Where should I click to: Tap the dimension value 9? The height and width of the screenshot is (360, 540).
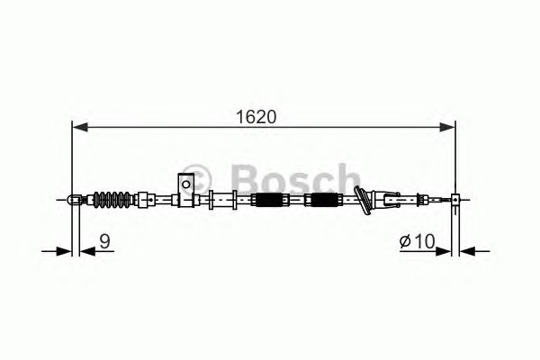pos(105,240)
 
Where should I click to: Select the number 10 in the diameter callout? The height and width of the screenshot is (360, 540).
pos(426,240)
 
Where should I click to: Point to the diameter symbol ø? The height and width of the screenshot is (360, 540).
pos(406,240)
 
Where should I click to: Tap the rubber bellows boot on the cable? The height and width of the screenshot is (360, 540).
pos(113,199)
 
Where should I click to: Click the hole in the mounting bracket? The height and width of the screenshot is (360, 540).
pos(186,185)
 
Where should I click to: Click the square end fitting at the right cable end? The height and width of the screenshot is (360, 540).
pos(456,199)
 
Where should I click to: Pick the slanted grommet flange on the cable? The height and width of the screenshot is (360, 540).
pos(363,200)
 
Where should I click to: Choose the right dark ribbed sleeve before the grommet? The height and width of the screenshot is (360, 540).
pos(322,200)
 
